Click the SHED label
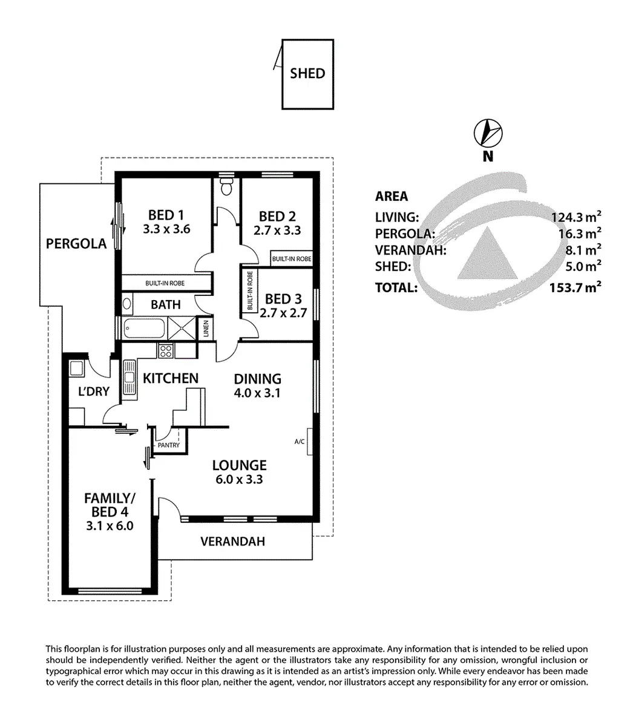click(x=307, y=73)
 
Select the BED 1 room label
click(x=166, y=215)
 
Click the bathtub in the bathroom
click(x=142, y=329)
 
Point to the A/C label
click(x=299, y=442)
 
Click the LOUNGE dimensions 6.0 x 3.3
click(x=239, y=480)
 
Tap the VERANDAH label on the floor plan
click(x=232, y=541)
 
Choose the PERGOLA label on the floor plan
click(x=76, y=244)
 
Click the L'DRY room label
click(x=94, y=391)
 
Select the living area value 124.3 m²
click(x=575, y=217)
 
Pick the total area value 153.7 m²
click(x=575, y=287)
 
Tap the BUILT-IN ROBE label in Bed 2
click(x=292, y=258)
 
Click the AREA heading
click(x=392, y=196)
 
